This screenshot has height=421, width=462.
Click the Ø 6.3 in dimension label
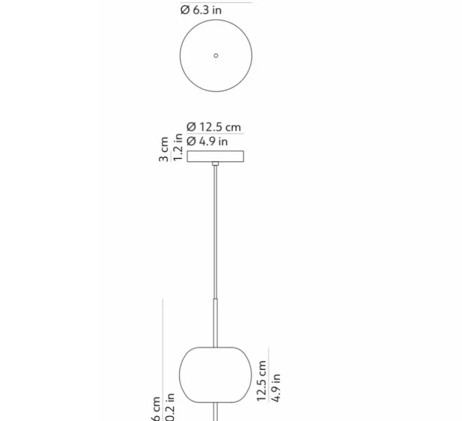201,10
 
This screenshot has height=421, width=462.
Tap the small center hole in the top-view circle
216,55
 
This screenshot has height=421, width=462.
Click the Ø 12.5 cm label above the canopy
214,127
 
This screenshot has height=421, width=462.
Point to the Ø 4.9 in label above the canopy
207,142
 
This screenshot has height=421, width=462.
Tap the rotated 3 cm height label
164,150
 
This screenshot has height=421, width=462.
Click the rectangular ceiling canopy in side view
215,156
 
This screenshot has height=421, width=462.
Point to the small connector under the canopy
215,164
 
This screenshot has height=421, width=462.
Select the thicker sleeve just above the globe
215,322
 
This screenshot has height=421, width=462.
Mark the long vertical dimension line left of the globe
163,360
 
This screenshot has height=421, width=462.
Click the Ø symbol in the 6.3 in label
184,10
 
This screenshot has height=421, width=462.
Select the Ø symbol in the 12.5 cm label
191,127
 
